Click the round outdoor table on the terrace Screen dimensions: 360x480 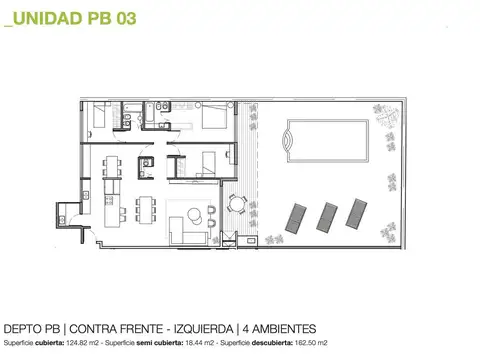point(236,204)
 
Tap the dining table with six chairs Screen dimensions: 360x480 point(145,208)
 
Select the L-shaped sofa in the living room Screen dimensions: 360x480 point(184,232)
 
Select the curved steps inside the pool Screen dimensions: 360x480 point(288,140)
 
